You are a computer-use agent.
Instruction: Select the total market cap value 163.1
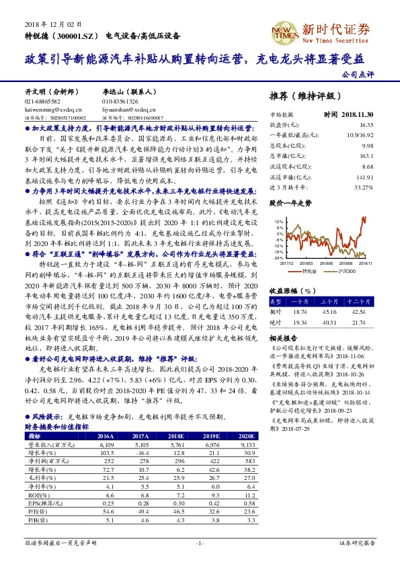(366, 155)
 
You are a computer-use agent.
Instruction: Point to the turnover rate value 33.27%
(364, 186)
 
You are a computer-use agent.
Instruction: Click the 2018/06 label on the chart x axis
(327, 264)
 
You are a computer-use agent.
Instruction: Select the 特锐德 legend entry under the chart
(307, 271)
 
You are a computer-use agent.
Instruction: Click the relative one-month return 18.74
(300, 313)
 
